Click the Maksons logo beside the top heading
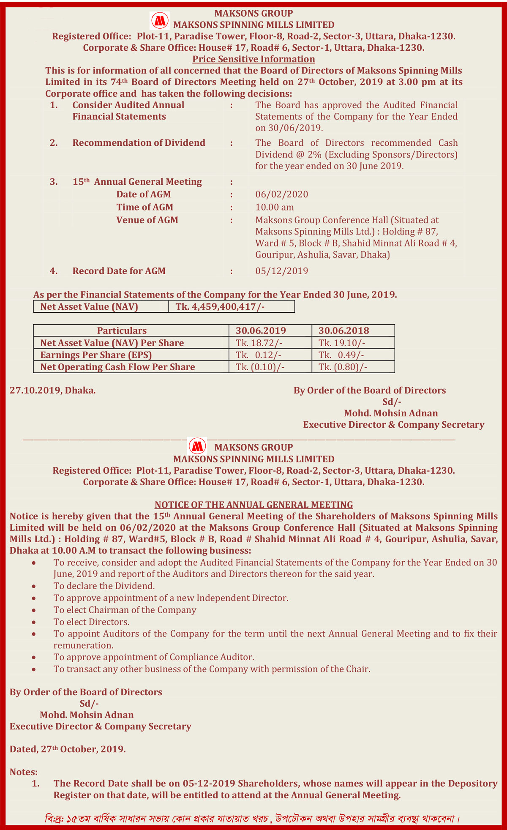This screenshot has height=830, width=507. pyautogui.click(x=160, y=20)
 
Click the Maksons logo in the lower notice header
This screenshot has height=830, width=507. pyautogui.click(x=197, y=446)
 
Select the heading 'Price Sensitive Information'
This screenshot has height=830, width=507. pyautogui.click(x=253, y=59)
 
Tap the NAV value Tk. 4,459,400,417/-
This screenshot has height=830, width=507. pyautogui.click(x=220, y=306)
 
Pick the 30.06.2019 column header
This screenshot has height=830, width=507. pyautogui.click(x=261, y=330)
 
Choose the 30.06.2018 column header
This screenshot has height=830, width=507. pyautogui.click(x=343, y=330)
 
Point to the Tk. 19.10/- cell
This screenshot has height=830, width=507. pyautogui.click(x=342, y=343)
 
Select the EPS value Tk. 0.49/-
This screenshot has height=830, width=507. pyautogui.click(x=341, y=355)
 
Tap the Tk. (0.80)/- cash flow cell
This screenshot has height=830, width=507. pyautogui.click(x=343, y=367)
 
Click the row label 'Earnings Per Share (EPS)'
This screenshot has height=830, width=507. pyautogui.click(x=96, y=355)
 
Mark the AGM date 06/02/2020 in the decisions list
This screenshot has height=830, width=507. pyautogui.click(x=282, y=194)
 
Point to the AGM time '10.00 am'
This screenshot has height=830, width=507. pyautogui.click(x=275, y=207)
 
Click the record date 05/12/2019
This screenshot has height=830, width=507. pyautogui.click(x=282, y=271)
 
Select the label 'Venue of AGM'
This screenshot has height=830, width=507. pyautogui.click(x=147, y=220)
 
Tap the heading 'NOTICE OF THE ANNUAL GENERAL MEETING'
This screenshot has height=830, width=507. pyautogui.click(x=253, y=505)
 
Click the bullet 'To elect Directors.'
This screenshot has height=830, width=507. pyautogui.click(x=91, y=622)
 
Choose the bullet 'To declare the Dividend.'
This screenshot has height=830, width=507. pyautogui.click(x=104, y=586)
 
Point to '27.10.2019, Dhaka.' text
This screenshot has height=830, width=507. pyautogui.click(x=53, y=390)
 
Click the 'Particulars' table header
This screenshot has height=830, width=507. pyautogui.click(x=122, y=330)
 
